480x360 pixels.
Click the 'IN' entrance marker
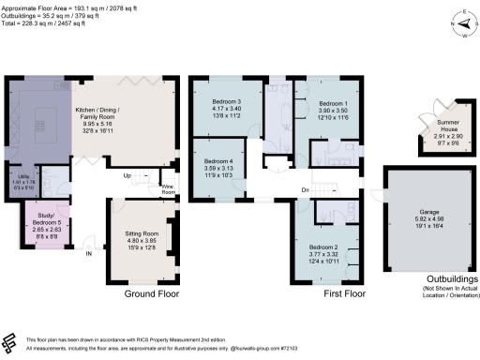90,253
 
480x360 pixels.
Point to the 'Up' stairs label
127,175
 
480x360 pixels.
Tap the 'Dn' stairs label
307,190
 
